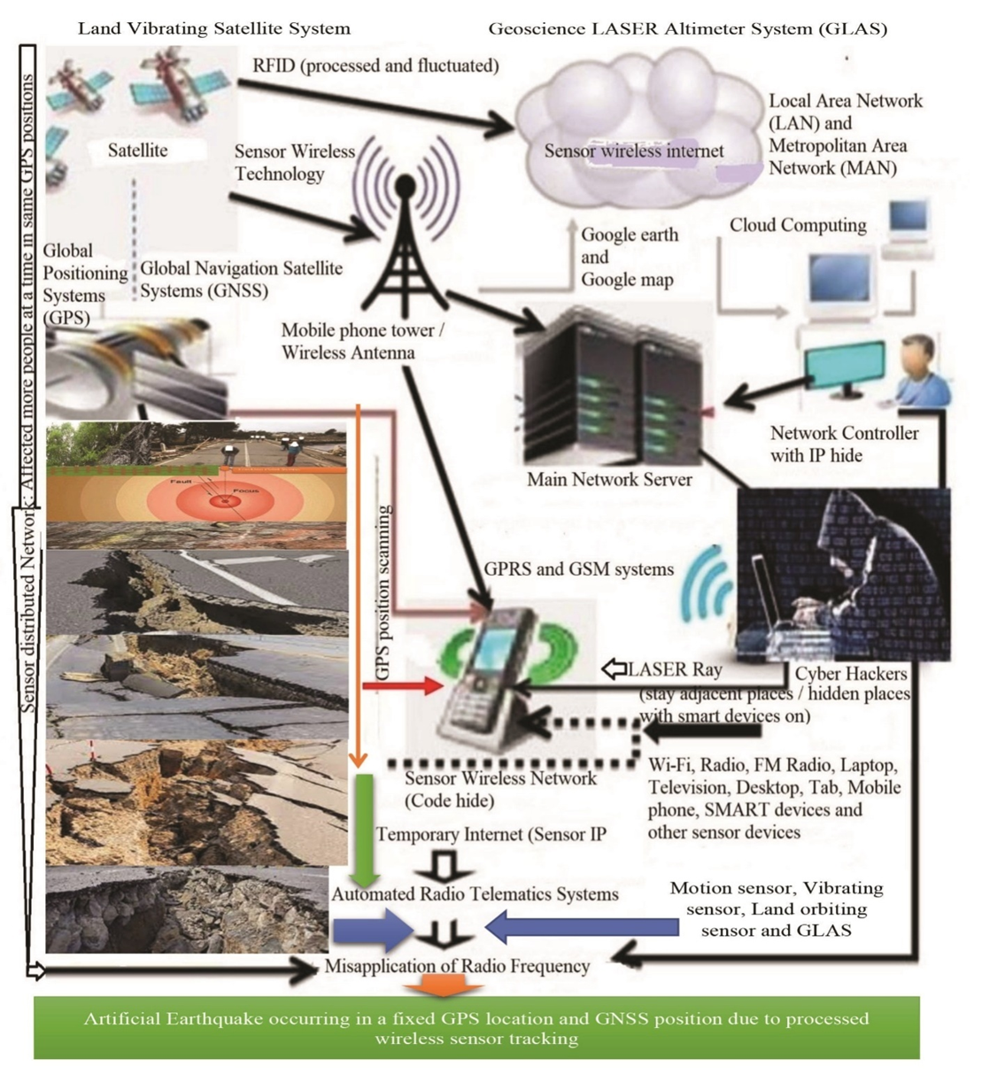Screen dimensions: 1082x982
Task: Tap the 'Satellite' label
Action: pyautogui.click(x=137, y=151)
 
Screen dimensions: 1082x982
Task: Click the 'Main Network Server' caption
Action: pyautogui.click(x=609, y=480)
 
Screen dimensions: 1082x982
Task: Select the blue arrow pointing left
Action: pyautogui.click(x=580, y=928)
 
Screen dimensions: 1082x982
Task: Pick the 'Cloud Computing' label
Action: pyautogui.click(x=798, y=226)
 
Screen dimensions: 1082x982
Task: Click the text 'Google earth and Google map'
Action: pyautogui.click(x=628, y=258)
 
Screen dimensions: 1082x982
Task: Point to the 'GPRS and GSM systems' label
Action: pyautogui.click(x=578, y=569)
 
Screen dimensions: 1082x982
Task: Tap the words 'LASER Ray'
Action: pyautogui.click(x=675, y=670)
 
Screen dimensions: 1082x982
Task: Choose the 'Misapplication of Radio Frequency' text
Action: pyautogui.click(x=456, y=966)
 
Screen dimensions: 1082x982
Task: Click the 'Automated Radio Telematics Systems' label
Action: pyautogui.click(x=475, y=894)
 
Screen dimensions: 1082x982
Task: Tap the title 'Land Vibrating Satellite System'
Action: pyautogui.click(x=213, y=28)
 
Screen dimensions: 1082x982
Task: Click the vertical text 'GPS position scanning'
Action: pyautogui.click(x=383, y=592)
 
